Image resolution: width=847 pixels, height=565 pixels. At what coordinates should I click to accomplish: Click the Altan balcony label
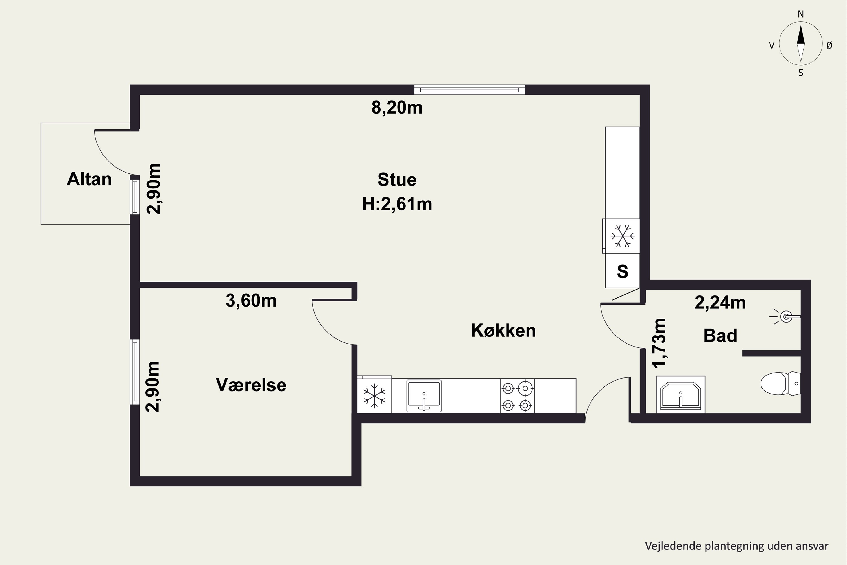pyautogui.click(x=89, y=179)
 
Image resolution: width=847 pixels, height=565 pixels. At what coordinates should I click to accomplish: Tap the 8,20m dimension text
pyautogui.click(x=397, y=108)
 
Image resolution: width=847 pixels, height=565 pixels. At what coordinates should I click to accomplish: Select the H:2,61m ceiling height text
pyautogui.click(x=397, y=204)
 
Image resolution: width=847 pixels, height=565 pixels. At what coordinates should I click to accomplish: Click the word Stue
pyautogui.click(x=397, y=179)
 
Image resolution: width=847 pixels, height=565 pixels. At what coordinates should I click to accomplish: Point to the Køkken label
pyautogui.click(x=503, y=331)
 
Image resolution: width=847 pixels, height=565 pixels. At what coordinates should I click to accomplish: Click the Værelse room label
pyautogui.click(x=251, y=385)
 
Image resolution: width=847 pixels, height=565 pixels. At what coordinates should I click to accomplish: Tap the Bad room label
pyautogui.click(x=720, y=336)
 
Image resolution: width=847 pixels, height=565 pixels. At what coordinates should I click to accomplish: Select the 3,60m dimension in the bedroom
pyautogui.click(x=251, y=301)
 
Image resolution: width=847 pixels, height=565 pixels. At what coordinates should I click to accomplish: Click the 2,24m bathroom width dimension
pyautogui.click(x=720, y=303)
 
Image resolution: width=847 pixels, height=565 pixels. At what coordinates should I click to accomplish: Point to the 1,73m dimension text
pyautogui.click(x=660, y=343)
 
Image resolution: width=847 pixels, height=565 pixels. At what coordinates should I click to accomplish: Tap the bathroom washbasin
pyautogui.click(x=680, y=395)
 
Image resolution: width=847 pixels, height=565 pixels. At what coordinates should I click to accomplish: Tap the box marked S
pyautogui.click(x=622, y=271)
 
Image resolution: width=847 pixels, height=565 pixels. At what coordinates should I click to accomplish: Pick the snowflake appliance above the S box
pyautogui.click(x=622, y=236)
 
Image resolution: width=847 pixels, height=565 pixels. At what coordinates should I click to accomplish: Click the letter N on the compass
pyautogui.click(x=800, y=14)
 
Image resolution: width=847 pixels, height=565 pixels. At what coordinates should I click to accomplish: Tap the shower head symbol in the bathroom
pyautogui.click(x=786, y=317)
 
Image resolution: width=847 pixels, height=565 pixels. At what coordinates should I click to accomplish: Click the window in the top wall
pyautogui.click(x=469, y=90)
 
